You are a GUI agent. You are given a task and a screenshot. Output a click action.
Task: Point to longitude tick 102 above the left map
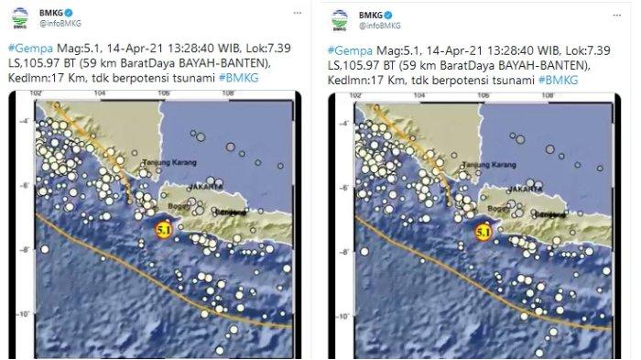38,93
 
